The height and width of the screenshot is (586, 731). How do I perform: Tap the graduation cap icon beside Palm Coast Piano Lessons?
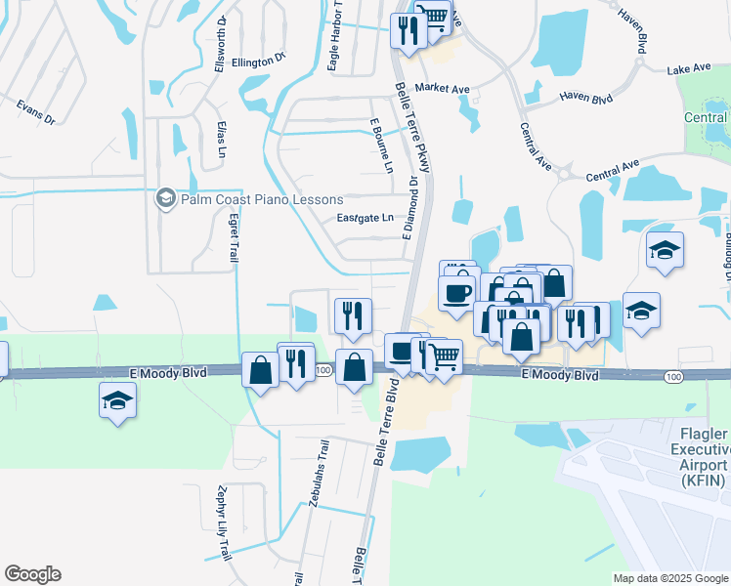(165, 199)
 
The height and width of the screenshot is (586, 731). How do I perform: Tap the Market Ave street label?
(442, 89)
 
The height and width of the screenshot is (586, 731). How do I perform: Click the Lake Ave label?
(689, 70)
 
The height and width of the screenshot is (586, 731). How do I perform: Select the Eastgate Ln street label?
(365, 218)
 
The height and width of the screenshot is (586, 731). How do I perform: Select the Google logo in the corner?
(32, 574)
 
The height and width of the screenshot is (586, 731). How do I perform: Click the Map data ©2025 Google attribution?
(671, 578)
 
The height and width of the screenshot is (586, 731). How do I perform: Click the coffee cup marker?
(457, 293)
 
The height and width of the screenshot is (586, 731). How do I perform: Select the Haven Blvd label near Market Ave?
(585, 98)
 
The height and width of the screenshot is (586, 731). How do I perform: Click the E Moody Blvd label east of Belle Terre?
(559, 375)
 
